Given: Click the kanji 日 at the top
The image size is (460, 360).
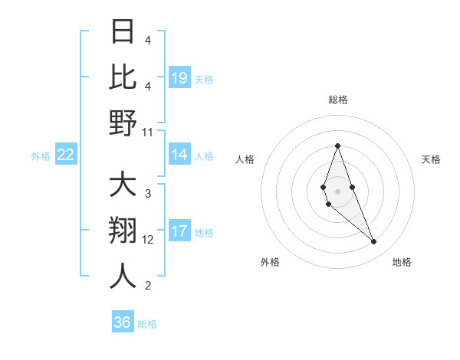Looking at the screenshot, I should pos(123,31).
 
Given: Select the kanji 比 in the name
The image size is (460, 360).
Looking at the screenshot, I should pos(123,77).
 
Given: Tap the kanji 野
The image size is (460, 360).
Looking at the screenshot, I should pos(123,123).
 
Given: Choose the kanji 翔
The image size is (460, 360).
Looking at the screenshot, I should pos(123,231).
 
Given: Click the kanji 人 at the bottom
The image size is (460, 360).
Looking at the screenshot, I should pos(123,277).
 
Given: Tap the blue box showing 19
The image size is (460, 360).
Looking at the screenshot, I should pos(179,77).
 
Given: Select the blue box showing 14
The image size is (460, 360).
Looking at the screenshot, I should pos(179,155).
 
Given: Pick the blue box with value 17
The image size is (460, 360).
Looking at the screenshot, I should pos(179,231).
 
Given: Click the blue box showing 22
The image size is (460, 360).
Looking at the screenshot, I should pos(65,155).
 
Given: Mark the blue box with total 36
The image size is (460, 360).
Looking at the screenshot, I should pos(123,322).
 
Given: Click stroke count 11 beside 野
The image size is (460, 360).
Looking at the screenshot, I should pos(148,132).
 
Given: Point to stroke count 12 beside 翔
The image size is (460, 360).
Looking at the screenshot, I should pos(148,240).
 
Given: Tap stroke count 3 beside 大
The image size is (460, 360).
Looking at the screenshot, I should pos(147,194).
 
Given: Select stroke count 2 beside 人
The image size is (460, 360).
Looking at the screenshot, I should pos(147,286).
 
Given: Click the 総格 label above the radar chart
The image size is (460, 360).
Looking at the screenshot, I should pos(337,100).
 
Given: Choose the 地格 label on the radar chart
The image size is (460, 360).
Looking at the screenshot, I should pos(402,262).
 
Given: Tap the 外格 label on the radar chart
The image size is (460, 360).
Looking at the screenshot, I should pos(270,262).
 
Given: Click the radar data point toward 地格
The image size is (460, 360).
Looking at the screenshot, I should pos(374,242).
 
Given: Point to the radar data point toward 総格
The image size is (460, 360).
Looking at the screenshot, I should pos(337,146).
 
